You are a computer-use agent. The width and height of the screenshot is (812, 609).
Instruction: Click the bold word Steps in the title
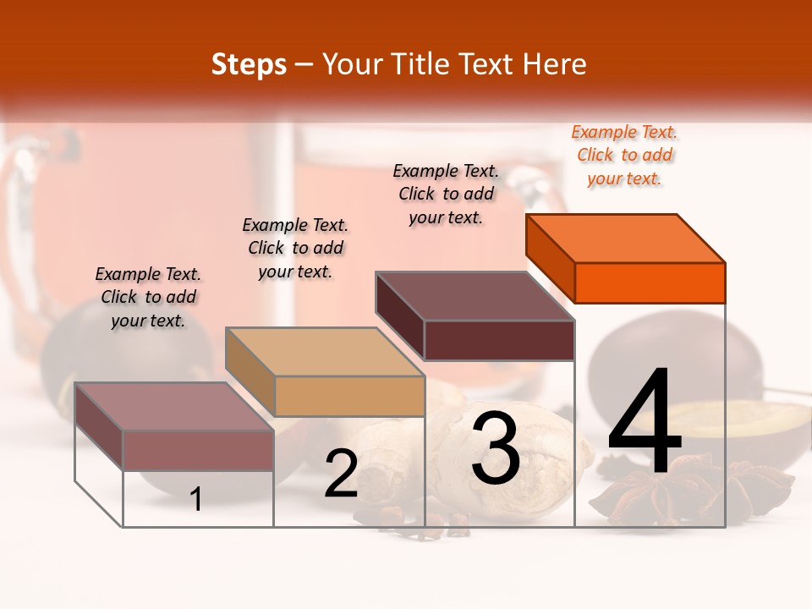249,64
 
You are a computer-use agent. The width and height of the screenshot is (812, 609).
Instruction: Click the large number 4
645,423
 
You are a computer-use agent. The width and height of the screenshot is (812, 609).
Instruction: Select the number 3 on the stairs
496,448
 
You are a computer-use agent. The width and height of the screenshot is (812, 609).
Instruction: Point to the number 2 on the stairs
341,475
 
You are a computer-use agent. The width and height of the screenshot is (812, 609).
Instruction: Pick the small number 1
195,500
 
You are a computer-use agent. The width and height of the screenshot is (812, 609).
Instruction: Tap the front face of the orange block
650,283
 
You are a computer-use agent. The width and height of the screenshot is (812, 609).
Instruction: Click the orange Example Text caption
624,155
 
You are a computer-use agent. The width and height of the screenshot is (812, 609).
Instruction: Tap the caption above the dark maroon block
446,194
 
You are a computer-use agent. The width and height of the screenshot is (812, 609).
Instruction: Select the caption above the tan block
295,248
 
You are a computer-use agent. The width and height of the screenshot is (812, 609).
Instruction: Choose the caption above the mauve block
148,297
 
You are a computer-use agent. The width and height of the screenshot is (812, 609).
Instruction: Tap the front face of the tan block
349,396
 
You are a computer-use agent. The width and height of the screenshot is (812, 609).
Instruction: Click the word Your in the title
354,64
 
